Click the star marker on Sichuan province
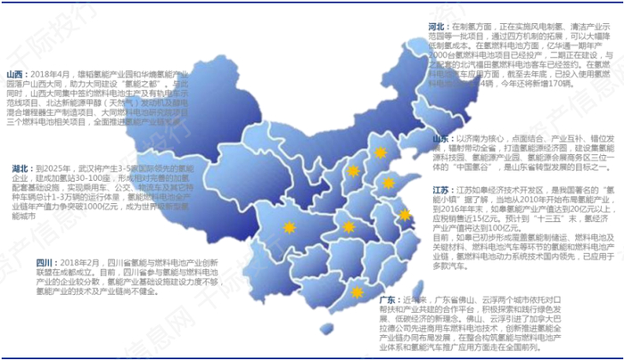pos(289,228)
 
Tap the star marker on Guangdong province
pos(357,292)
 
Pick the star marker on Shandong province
pos(389,184)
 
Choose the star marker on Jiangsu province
pos(403,215)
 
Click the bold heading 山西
pos(15,74)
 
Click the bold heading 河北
pos(438,28)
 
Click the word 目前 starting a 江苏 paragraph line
pos(442,237)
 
